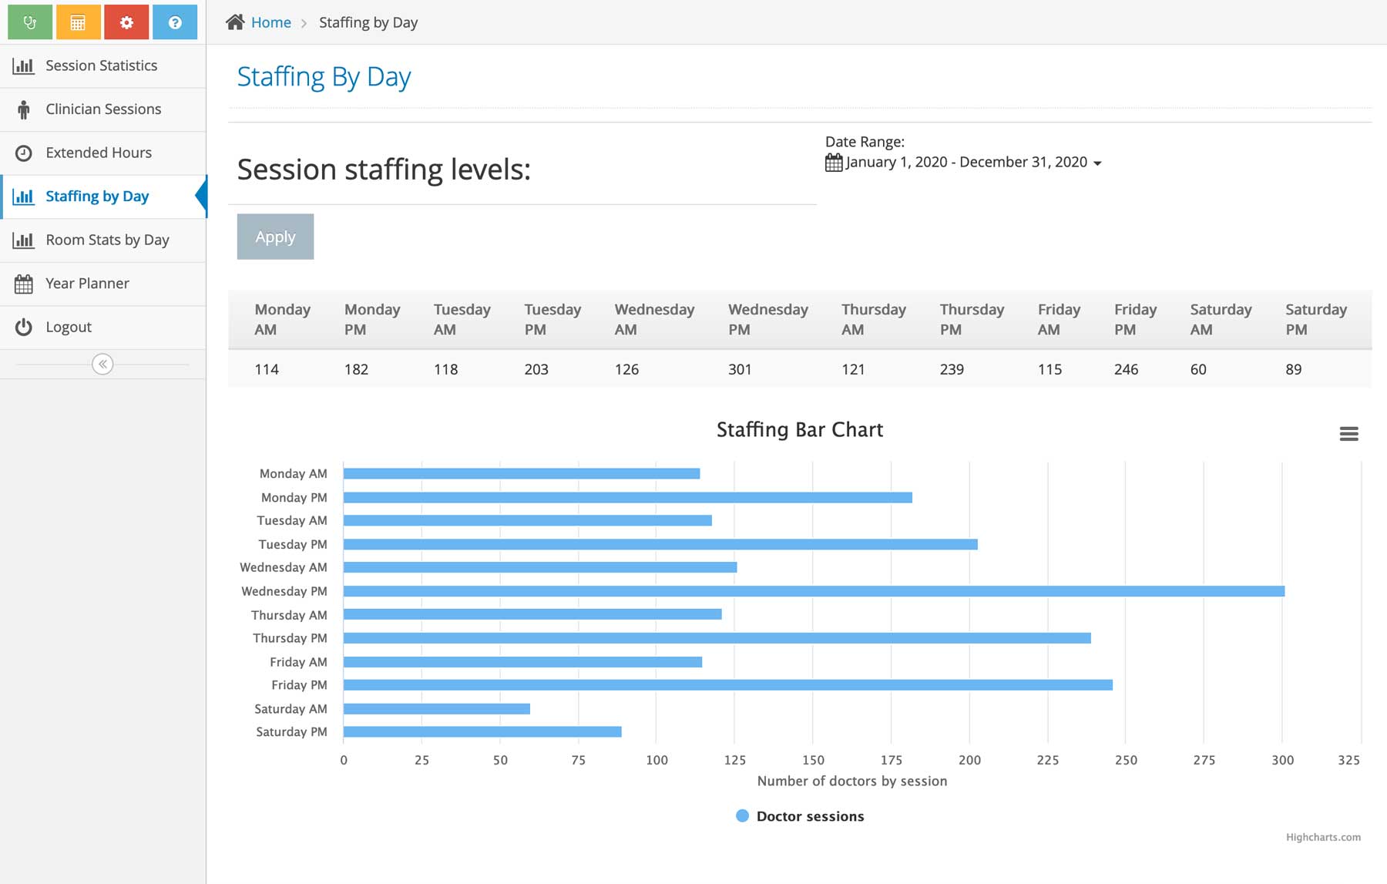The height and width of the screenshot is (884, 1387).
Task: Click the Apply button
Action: pyautogui.click(x=275, y=237)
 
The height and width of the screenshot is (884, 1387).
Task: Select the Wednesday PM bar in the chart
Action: pyautogui.click(x=813, y=591)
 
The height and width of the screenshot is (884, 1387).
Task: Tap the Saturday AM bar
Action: pyautogui.click(x=436, y=709)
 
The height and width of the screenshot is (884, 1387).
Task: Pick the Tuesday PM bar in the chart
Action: pyautogui.click(x=660, y=544)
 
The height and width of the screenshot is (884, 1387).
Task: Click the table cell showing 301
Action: pyautogui.click(x=740, y=369)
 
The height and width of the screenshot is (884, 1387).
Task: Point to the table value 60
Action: pyautogui.click(x=1198, y=369)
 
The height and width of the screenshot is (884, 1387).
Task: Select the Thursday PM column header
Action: pyautogui.click(x=972, y=319)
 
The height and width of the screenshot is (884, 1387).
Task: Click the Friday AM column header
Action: pyautogui.click(x=1059, y=319)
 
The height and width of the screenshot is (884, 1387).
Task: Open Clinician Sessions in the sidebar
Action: pyautogui.click(x=103, y=109)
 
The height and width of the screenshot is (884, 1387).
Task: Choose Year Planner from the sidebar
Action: pyautogui.click(x=87, y=284)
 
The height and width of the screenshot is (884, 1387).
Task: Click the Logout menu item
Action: pyautogui.click(x=69, y=327)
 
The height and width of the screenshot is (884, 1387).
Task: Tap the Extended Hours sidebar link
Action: pyautogui.click(x=99, y=153)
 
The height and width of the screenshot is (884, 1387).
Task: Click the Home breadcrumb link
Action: pyautogui.click(x=270, y=22)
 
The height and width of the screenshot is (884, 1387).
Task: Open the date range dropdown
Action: pyautogui.click(x=966, y=163)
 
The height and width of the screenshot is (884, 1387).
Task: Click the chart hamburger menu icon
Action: pyautogui.click(x=1348, y=434)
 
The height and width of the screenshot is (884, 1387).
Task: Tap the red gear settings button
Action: pyautogui.click(x=127, y=22)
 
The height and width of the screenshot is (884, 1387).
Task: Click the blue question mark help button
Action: pyautogui.click(x=175, y=22)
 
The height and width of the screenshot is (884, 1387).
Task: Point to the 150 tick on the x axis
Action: pyautogui.click(x=813, y=760)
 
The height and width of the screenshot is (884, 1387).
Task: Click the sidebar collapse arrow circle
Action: pyautogui.click(x=102, y=364)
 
